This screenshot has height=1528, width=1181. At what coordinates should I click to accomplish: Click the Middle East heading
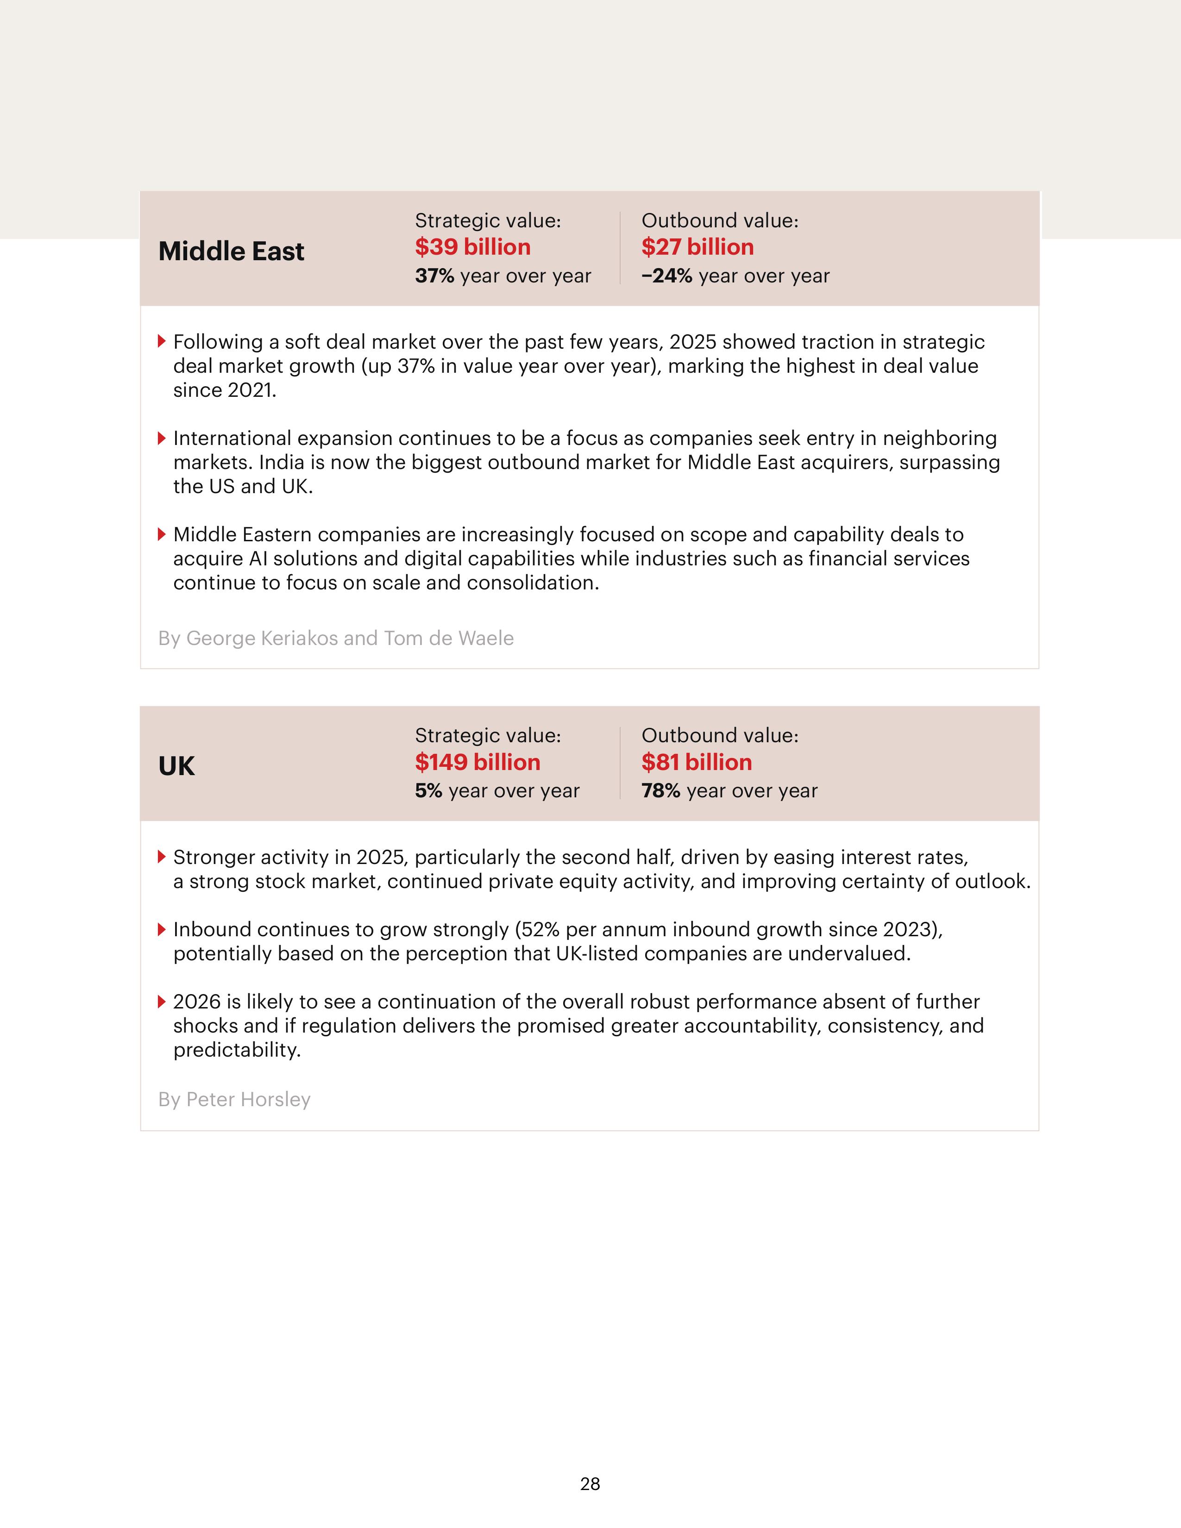pyautogui.click(x=231, y=251)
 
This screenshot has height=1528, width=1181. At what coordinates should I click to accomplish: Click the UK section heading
pyautogui.click(x=176, y=766)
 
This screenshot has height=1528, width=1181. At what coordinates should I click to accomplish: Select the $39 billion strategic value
pyautogui.click(x=472, y=247)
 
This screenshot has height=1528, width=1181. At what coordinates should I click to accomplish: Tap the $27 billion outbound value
pyautogui.click(x=697, y=247)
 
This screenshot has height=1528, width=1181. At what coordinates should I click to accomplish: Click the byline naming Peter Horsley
pyautogui.click(x=234, y=1099)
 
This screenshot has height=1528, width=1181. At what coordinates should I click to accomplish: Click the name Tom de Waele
pyautogui.click(x=448, y=638)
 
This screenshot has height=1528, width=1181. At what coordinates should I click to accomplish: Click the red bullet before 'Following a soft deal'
pyautogui.click(x=162, y=341)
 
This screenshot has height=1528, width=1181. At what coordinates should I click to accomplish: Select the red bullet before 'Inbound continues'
pyautogui.click(x=162, y=929)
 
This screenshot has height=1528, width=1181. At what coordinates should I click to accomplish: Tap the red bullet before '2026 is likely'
pyautogui.click(x=162, y=1001)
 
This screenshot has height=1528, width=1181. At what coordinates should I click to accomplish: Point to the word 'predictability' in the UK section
pyautogui.click(x=237, y=1049)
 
